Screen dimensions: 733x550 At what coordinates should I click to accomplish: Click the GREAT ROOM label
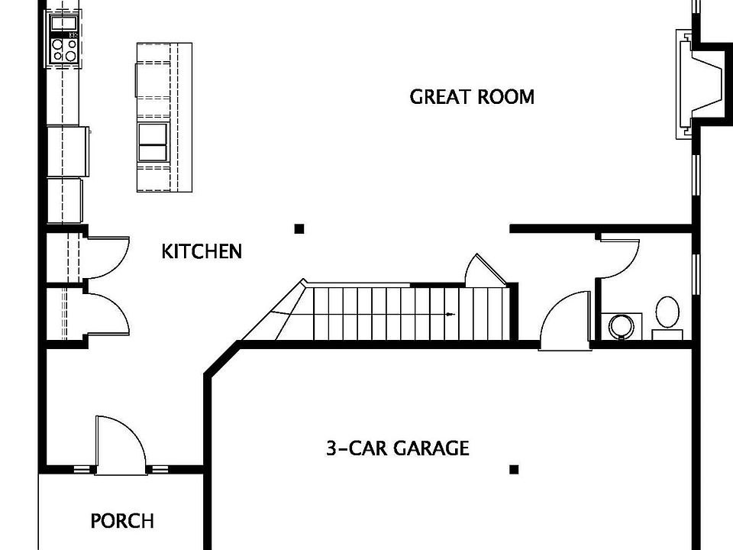click(x=472, y=97)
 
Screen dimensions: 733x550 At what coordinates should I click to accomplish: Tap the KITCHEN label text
click(x=202, y=251)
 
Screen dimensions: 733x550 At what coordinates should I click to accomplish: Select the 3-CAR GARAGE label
click(x=398, y=448)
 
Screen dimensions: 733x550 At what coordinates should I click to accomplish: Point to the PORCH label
click(x=122, y=520)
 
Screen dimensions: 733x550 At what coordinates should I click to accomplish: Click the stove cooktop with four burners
click(x=64, y=50)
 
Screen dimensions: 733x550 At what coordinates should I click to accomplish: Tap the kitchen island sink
click(x=153, y=142)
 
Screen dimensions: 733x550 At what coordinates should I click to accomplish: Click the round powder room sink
click(x=622, y=326)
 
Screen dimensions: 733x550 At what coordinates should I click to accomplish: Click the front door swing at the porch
click(x=121, y=445)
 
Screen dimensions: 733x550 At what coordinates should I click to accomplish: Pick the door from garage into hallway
click(x=565, y=320)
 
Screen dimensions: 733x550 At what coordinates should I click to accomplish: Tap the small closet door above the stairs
click(x=486, y=270)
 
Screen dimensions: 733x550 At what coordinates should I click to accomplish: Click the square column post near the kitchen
click(x=299, y=228)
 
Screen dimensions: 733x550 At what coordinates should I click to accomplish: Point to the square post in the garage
click(x=514, y=470)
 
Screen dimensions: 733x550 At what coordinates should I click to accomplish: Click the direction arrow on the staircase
click(x=450, y=314)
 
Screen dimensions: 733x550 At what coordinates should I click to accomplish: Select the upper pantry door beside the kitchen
click(x=107, y=257)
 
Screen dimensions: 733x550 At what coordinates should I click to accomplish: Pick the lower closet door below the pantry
click(x=107, y=314)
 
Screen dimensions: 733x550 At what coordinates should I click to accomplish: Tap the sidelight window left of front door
click(x=82, y=470)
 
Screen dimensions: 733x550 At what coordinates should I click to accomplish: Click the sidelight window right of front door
click(x=160, y=470)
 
